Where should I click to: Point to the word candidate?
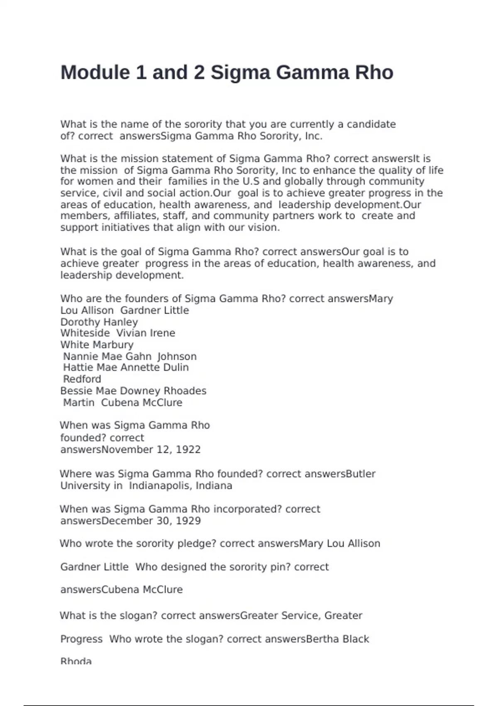[x=371, y=124]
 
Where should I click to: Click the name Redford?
[x=82, y=379]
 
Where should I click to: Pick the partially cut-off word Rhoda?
[x=76, y=661]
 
